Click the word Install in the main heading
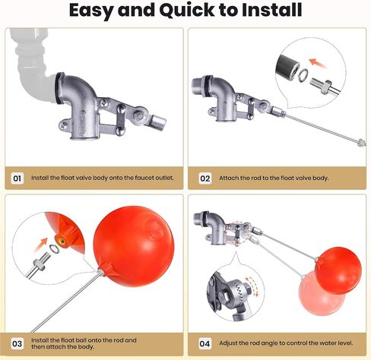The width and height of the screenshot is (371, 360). point(271,10)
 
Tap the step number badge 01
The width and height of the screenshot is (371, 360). point(17,178)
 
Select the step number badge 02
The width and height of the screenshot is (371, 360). point(205,178)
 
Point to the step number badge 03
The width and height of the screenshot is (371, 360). point(17,344)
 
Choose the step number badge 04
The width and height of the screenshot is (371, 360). point(205,344)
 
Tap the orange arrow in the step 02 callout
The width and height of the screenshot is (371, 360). point(318,63)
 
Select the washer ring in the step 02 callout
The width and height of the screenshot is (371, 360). point(303,74)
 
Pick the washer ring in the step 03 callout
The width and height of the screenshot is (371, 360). point(54,249)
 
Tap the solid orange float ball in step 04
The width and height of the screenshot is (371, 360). point(339,270)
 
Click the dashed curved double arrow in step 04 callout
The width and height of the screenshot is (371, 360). point(252,286)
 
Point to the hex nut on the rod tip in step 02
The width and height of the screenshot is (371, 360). point(361,142)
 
